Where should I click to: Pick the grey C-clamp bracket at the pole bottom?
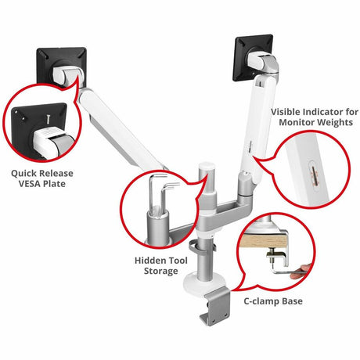214,306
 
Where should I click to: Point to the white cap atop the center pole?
207,170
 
